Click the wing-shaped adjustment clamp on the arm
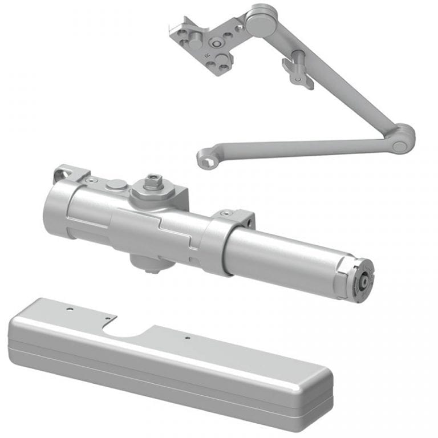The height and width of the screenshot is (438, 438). (x=297, y=70)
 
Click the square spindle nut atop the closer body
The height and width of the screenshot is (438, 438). (x=153, y=181)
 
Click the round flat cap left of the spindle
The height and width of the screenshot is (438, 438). (x=117, y=184)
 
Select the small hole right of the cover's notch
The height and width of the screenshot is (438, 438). (x=187, y=338)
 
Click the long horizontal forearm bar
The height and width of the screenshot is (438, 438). (x=297, y=147)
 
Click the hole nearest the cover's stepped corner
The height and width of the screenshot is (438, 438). (x=104, y=317)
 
